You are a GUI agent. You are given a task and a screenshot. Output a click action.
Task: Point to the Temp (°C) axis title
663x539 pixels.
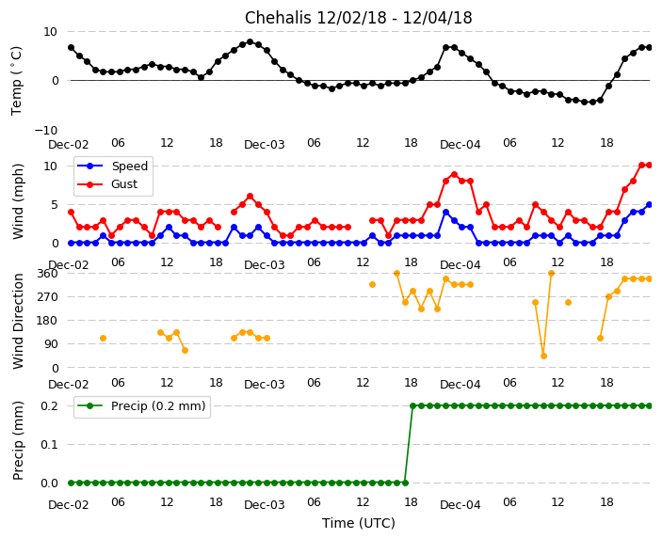(18, 80)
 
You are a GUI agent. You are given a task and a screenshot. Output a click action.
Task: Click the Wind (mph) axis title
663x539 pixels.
(18, 200)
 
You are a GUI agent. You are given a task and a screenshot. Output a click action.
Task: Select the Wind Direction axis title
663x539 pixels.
(18, 320)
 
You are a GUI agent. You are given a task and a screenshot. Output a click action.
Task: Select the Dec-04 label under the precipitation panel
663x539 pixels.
(460, 505)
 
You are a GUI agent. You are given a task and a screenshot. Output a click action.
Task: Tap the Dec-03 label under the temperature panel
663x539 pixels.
(264, 145)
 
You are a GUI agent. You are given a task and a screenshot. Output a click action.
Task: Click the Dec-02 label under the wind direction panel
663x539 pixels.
(69, 385)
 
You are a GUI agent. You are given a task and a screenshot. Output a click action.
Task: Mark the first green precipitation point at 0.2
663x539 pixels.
(412, 405)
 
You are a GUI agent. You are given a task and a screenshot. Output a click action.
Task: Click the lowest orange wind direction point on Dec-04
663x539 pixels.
(543, 356)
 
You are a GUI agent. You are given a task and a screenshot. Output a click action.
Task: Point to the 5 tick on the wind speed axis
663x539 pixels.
(53, 204)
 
